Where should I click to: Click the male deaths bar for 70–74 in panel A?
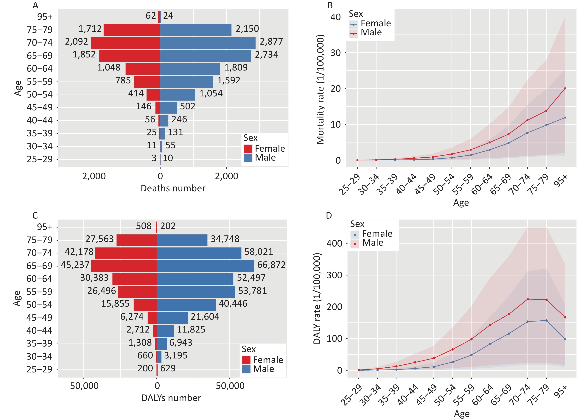tap(208, 43)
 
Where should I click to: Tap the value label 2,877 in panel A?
tap(271, 42)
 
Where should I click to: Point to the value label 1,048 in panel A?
tap(109, 68)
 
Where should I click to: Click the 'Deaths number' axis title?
tap(173, 188)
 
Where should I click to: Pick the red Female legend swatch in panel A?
tap(248, 149)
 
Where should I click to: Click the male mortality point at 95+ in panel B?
tap(565, 88)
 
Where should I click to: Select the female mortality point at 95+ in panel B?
tap(565, 118)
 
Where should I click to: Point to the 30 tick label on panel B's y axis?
tap(335, 53)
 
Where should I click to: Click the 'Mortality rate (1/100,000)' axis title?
tap(320, 89)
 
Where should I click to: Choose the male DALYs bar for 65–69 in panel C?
tap(206, 266)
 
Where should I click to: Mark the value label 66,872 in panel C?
tap(271, 265)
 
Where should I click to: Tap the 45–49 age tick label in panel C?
tap(39, 318)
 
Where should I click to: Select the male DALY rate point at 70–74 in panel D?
tap(528, 299)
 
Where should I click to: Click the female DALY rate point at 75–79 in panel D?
tap(546, 320)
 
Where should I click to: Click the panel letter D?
tap(329, 215)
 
